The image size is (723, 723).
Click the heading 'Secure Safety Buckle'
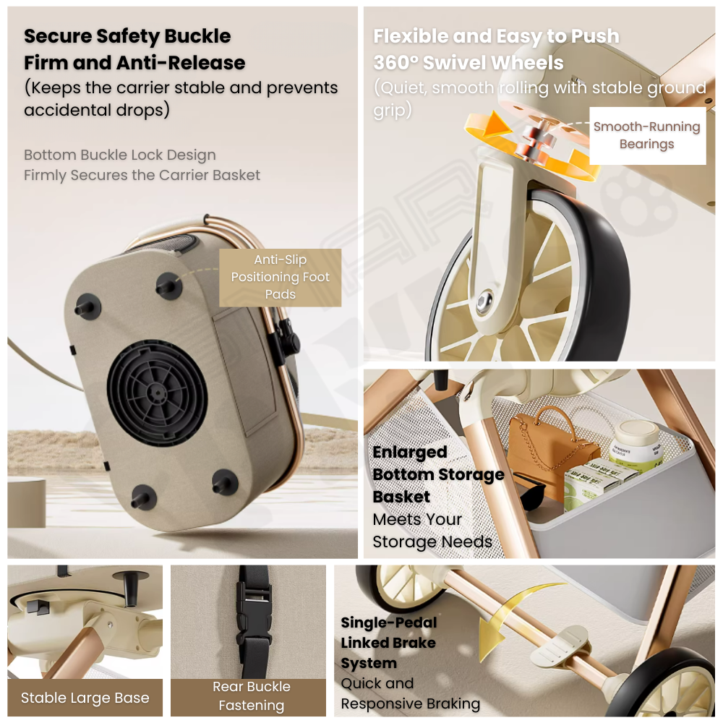click(x=127, y=36)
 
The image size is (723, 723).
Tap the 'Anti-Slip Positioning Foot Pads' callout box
click(x=280, y=278)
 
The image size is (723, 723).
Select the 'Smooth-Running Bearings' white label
click(x=647, y=136)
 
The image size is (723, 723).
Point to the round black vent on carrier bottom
click(x=157, y=393)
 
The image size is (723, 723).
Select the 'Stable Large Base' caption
click(x=85, y=698)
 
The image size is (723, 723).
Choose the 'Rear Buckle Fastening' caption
click(x=252, y=696)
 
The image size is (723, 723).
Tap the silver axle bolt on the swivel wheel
click(x=484, y=302)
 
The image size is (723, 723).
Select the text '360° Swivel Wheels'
click(x=468, y=63)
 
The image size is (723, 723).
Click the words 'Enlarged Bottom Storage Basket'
click(x=438, y=474)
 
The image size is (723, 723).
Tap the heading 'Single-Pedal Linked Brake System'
click(x=388, y=642)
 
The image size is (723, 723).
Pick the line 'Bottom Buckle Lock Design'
click(x=120, y=155)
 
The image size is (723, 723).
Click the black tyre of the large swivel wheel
click(x=599, y=277)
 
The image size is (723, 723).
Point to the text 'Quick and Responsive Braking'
click(x=411, y=693)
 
